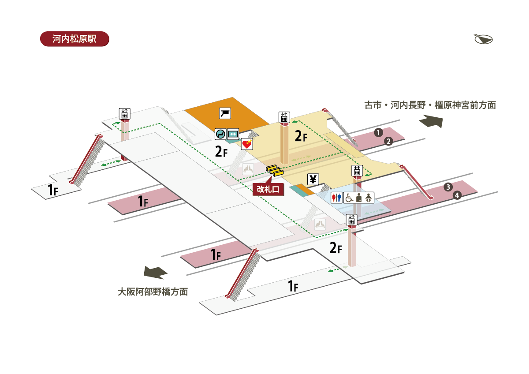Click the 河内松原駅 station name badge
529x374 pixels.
tap(75, 39)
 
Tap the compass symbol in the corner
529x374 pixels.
tap(483, 39)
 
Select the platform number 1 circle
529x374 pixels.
tap(378, 133)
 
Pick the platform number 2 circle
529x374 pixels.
tap(388, 141)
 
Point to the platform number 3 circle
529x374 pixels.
tap(448, 187)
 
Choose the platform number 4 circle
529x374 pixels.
tap(457, 195)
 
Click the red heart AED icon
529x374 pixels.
tap(247, 144)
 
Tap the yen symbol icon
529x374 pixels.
tap(313, 180)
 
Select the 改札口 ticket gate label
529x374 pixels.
tap(268, 189)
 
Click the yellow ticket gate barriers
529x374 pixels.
tap(275, 170)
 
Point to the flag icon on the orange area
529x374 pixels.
tap(225, 113)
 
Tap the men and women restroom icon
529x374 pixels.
tap(336, 198)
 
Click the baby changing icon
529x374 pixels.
tap(369, 198)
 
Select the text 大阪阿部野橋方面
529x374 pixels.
tap(153, 292)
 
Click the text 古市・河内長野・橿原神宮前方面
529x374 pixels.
tap(430, 105)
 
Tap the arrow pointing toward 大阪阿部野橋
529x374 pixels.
tap(155, 273)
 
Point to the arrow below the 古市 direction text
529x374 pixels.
tap(431, 121)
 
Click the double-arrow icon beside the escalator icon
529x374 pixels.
tap(233, 134)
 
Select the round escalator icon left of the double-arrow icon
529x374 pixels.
tap(220, 134)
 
